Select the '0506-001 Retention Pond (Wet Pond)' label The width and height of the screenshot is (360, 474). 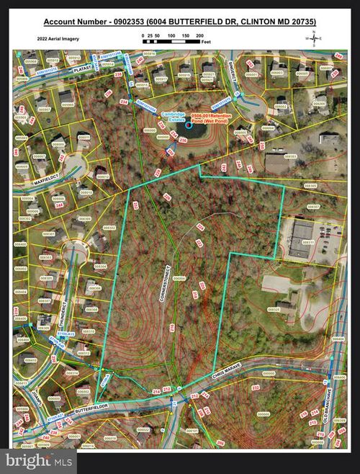tap(212, 124)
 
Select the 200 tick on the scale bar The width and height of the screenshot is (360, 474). tap(199, 35)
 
